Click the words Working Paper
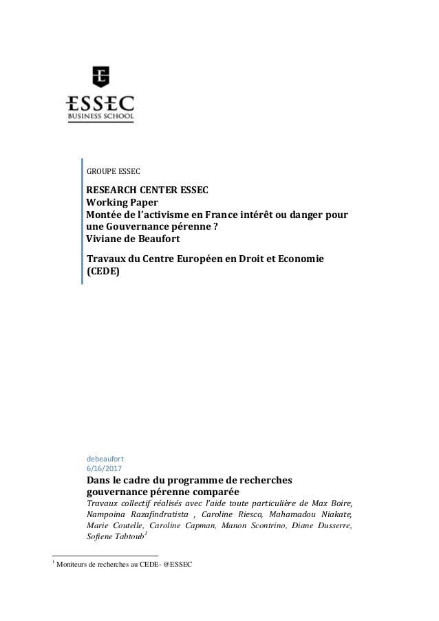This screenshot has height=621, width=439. tap(122, 203)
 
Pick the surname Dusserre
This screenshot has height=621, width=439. tap(330, 526)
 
